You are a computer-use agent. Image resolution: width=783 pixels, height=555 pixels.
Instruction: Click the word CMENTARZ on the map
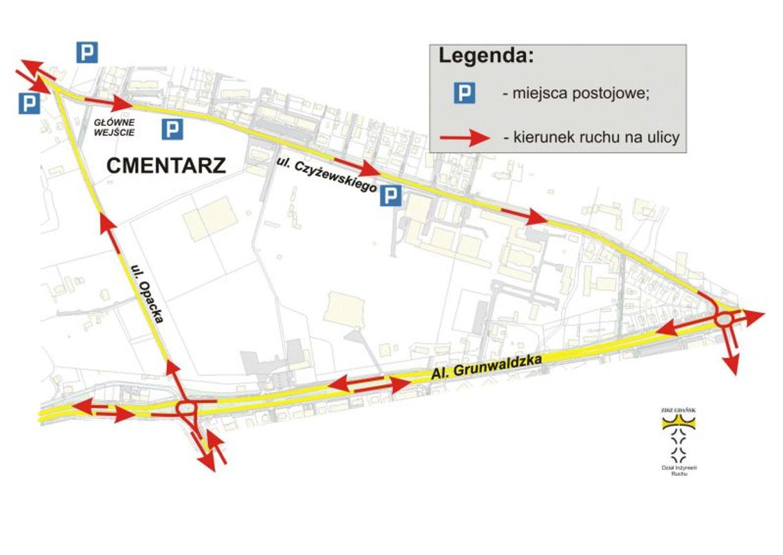pos(166,165)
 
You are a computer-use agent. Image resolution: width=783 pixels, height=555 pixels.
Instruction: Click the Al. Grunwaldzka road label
pos(487,367)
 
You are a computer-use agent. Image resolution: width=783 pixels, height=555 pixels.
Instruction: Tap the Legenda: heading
pos(486,56)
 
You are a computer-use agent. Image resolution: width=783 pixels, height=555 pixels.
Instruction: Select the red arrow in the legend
pos(468,138)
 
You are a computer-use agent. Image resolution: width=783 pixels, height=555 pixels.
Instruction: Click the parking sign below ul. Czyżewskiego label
pos(390,197)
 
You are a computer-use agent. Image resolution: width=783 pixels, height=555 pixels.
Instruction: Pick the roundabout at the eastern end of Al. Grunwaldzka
pos(725,320)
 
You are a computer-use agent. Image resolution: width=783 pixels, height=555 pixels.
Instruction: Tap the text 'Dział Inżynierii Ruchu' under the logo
pos(679,471)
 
